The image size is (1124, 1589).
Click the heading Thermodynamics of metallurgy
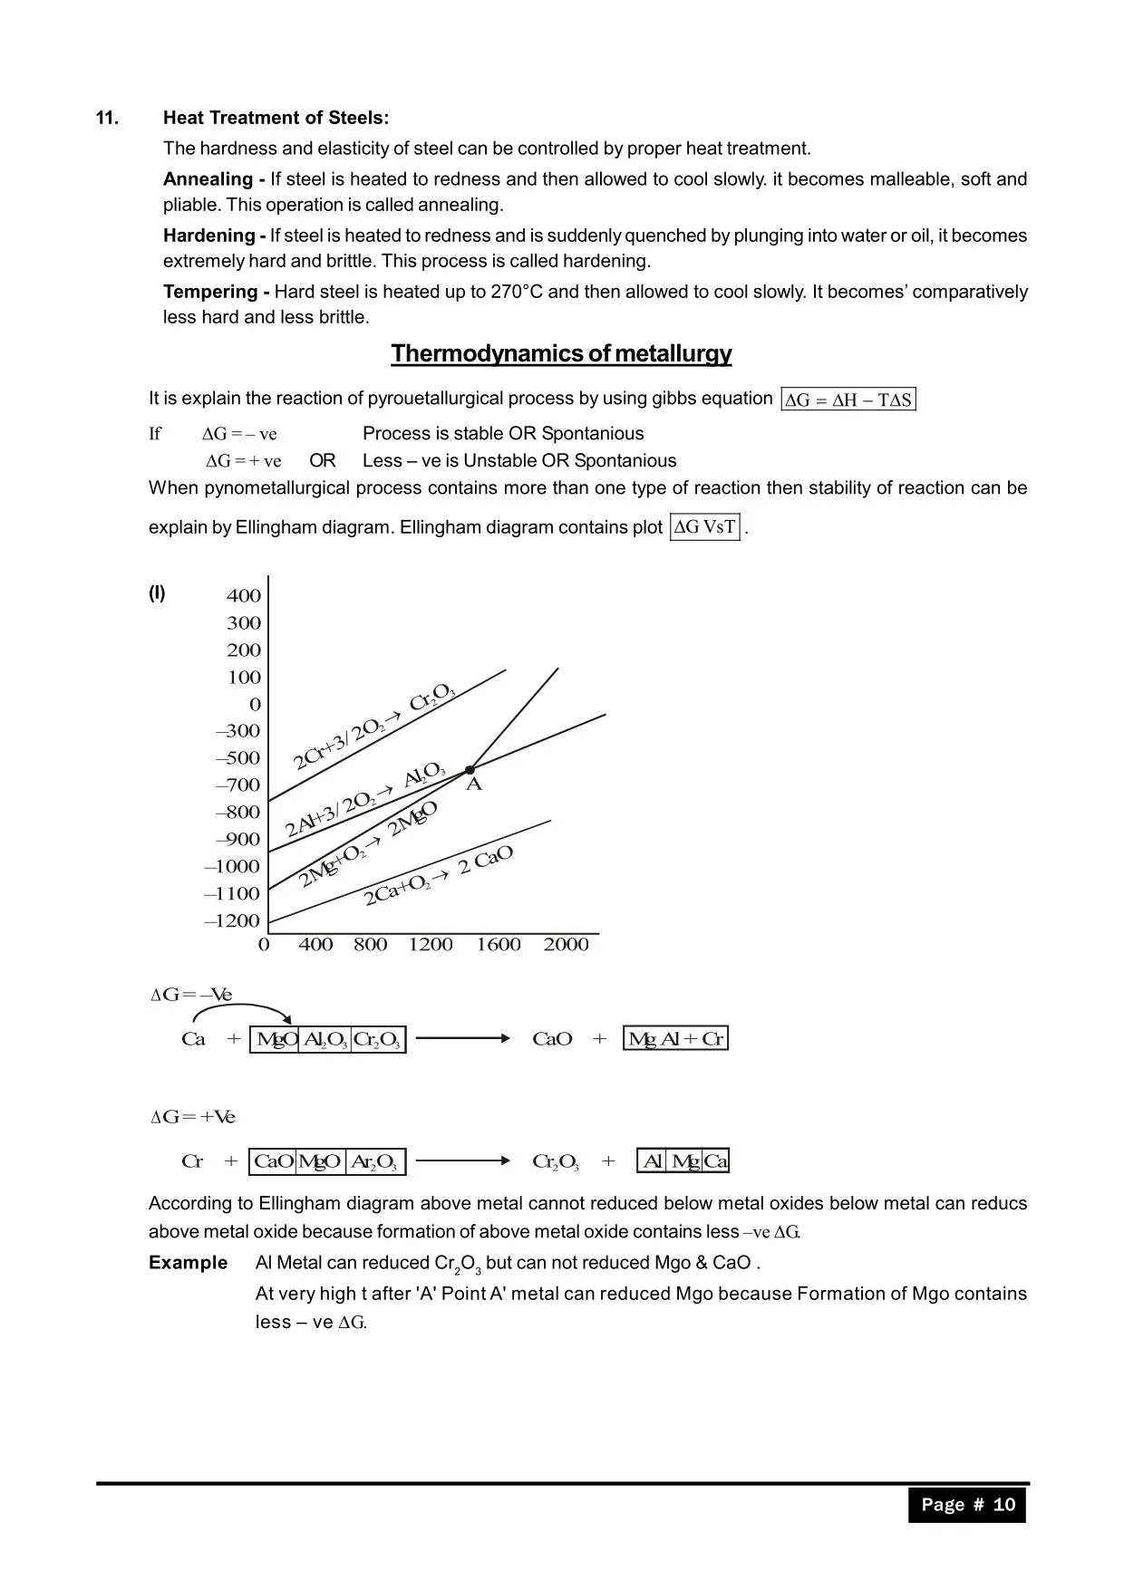click(561, 353)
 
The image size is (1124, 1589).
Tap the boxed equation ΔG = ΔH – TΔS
click(848, 400)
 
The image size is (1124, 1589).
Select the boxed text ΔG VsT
click(705, 527)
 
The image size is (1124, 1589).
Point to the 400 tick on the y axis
click(244, 596)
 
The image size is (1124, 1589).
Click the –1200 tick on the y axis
click(233, 921)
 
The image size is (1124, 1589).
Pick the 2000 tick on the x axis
click(566, 945)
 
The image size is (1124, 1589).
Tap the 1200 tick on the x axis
click(431, 945)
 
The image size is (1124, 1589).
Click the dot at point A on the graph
click(470, 769)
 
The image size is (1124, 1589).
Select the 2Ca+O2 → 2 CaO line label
click(439, 875)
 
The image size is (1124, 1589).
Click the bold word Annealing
click(208, 179)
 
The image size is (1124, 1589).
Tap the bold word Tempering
click(210, 292)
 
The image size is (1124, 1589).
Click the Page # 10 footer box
click(967, 1505)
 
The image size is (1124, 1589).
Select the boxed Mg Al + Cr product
click(675, 1039)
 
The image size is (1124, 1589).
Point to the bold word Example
click(188, 1263)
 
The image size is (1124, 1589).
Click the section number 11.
click(107, 118)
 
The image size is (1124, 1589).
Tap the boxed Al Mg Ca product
click(683, 1161)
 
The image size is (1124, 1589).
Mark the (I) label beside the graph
click(157, 593)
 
